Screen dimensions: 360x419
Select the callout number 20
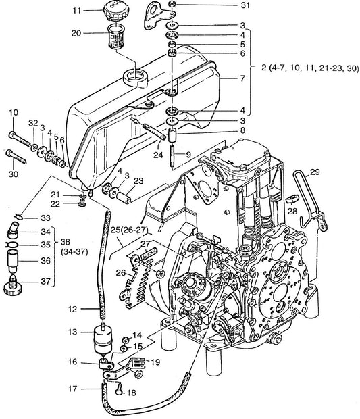tap(76, 33)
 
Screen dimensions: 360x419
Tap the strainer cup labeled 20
tap(116, 36)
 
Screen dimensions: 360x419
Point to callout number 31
tap(245, 5)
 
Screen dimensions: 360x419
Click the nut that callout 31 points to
tap(172, 4)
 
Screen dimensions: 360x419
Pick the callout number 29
tap(315, 172)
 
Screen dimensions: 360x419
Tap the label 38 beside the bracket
tap(65, 241)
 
